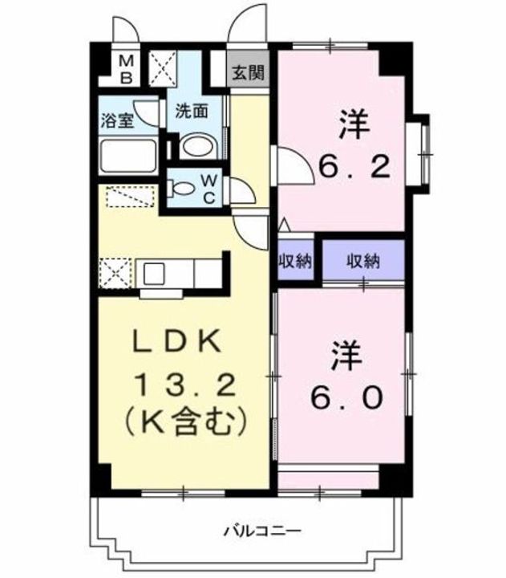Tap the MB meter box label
click(128, 70)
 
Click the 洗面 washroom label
click(192, 112)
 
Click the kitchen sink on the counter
click(155, 272)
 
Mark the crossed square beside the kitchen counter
click(114, 272)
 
